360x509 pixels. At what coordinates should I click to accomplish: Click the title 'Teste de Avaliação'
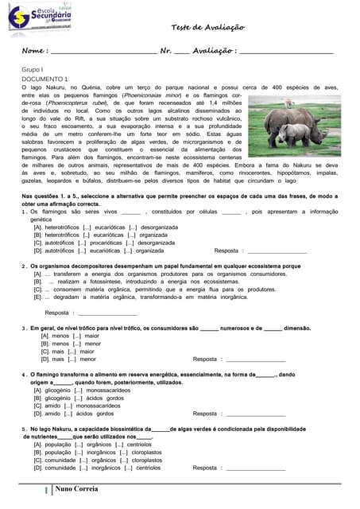(x=208, y=27)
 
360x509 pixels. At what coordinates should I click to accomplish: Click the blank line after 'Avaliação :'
(x=287, y=54)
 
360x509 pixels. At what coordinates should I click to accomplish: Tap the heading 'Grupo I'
(x=32, y=70)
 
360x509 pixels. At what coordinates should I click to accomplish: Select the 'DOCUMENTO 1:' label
(x=45, y=79)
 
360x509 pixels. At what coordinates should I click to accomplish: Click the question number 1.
(x=24, y=212)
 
